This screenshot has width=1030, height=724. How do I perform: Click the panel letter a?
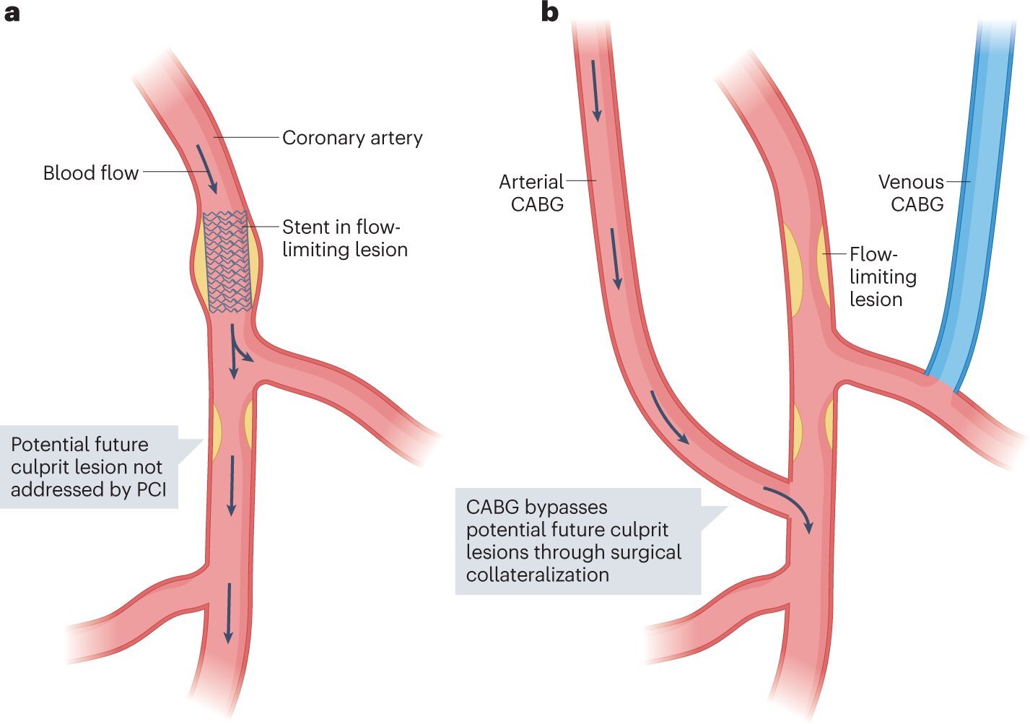coord(12,12)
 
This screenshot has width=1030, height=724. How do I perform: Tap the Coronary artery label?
coord(352,138)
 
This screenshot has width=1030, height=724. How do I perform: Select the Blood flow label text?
coord(90,173)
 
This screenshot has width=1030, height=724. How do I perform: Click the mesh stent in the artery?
coord(227,261)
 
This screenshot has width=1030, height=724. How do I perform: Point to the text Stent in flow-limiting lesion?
coord(344,238)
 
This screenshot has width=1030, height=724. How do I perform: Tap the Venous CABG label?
coord(911,193)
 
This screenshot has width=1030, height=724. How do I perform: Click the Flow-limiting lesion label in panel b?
coord(882,276)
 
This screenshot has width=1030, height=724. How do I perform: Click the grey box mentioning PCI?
coord(89,466)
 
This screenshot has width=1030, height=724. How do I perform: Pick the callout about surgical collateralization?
coord(577,541)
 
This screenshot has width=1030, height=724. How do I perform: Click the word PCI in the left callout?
coord(151,489)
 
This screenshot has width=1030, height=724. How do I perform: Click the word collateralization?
coord(537,575)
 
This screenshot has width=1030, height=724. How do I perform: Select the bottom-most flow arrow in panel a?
coord(229,613)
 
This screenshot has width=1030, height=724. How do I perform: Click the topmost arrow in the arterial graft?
coord(595,91)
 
